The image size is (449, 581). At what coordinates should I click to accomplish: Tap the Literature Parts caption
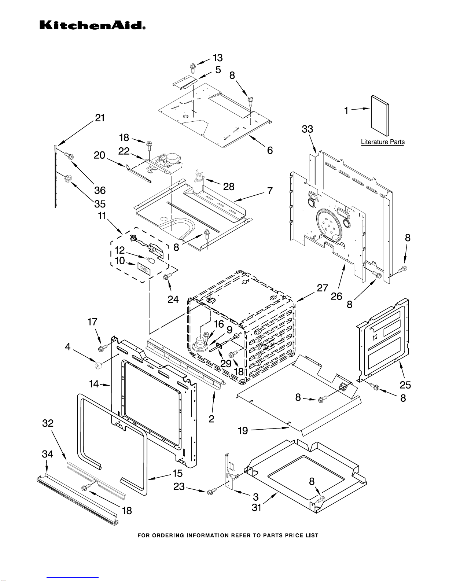(x=383, y=142)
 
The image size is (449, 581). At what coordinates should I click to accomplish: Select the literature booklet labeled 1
(x=379, y=115)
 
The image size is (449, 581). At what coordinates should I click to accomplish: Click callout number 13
(x=218, y=58)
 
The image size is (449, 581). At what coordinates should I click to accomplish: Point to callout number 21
(x=100, y=118)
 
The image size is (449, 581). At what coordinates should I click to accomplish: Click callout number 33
(x=308, y=129)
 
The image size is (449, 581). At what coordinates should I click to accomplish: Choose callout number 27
(x=322, y=288)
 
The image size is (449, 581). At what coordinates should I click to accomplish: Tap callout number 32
(x=48, y=423)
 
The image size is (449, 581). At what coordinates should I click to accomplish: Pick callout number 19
(x=243, y=430)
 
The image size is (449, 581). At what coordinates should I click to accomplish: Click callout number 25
(x=405, y=385)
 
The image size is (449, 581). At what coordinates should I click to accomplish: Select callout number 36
(x=100, y=190)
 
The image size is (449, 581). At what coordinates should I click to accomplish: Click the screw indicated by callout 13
(x=193, y=66)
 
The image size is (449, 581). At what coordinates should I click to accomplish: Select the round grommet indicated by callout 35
(x=68, y=179)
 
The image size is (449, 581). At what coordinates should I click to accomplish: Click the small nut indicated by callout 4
(x=97, y=365)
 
